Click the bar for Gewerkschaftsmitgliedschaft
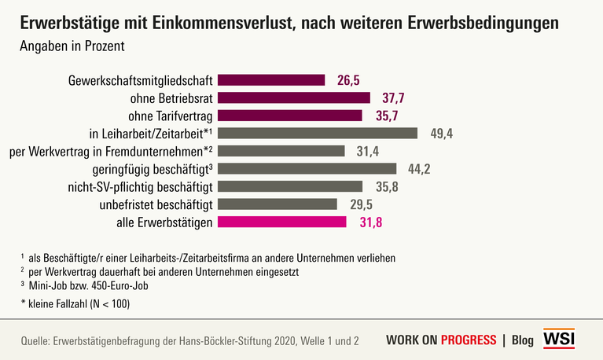click(270, 79)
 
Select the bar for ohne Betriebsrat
click(293, 97)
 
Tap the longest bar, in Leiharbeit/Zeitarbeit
click(317, 133)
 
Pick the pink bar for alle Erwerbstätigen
click(281, 222)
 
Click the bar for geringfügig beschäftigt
click(307, 168)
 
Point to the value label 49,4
click(442, 133)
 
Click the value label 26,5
click(349, 79)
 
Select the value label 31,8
click(371, 222)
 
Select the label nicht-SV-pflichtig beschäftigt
click(142, 186)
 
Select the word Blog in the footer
click(523, 340)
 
